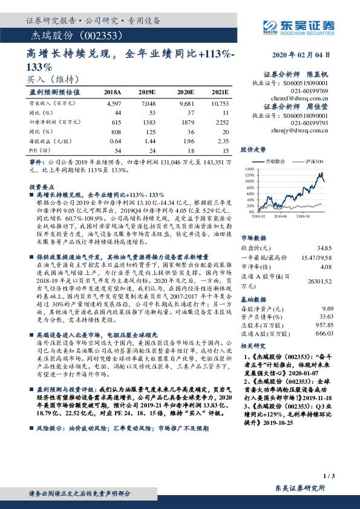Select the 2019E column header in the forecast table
coord(147,92)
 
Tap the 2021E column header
coord(220,92)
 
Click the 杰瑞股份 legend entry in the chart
coord(276,162)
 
